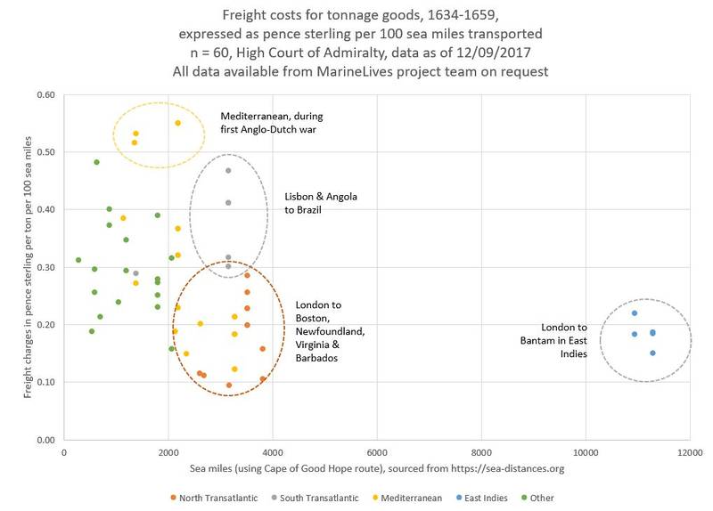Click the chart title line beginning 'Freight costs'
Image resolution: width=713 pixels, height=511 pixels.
356,12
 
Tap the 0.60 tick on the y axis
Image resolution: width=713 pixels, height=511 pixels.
45,94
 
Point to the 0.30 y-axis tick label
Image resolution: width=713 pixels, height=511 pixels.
45,267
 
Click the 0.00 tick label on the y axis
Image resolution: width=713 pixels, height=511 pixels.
45,440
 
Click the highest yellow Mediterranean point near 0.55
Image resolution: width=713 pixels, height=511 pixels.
177,123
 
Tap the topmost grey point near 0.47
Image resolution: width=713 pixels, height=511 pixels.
228,170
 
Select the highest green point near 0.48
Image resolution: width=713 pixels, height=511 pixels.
96,162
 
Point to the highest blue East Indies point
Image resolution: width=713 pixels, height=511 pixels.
635,313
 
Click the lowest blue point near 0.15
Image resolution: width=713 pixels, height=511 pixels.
652,353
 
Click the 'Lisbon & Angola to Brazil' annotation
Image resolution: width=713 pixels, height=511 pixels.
315,203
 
